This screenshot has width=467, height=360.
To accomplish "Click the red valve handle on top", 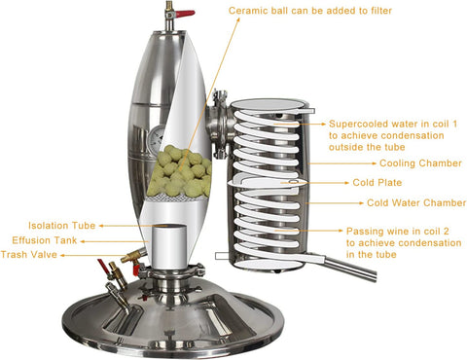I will pos(182,15).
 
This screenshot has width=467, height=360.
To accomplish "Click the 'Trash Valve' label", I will pos(30,254).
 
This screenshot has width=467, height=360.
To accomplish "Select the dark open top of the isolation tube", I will pos(171,231).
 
